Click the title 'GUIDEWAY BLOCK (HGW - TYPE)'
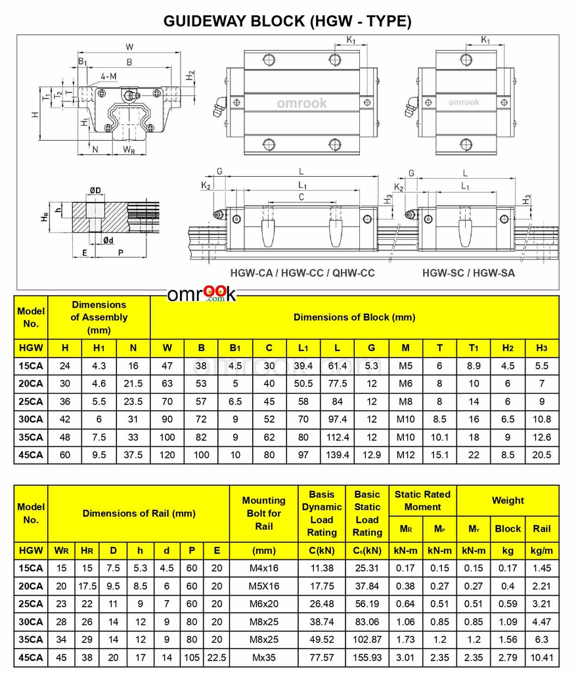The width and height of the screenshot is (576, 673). point(288,21)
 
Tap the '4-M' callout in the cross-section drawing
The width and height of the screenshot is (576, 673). point(109,76)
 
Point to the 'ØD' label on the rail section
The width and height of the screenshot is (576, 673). point(96,191)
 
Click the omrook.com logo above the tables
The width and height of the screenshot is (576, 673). point(201,294)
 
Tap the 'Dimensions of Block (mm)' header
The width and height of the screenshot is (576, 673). point(354,317)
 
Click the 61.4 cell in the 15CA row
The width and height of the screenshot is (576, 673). point(337,366)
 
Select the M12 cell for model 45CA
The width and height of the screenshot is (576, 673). point(405,455)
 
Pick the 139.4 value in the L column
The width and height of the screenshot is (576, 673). point(337,455)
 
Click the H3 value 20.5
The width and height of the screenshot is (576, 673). point(542,455)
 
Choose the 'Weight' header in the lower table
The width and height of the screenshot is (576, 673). point(508,501)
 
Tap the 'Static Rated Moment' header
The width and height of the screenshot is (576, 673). point(423,501)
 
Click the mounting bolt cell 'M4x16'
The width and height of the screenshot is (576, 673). point(263,569)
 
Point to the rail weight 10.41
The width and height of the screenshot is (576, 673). point(542,657)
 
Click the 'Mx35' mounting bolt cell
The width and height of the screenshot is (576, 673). point(263,657)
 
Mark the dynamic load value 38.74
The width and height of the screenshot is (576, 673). point(321,622)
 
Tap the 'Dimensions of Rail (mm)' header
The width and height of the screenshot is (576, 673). point(139,514)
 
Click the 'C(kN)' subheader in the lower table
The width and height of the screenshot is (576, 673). point(321,551)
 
